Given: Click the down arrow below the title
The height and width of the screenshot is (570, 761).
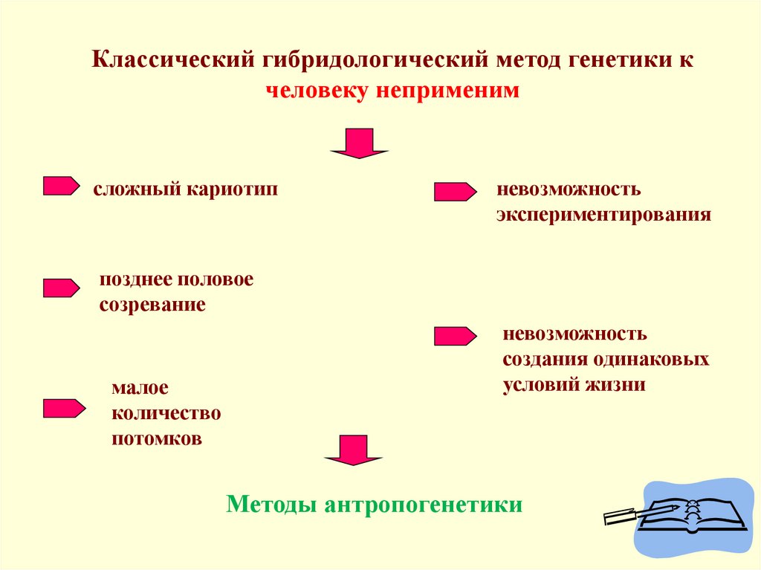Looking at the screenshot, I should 360,143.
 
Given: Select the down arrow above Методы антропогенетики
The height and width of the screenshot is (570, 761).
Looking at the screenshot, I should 354,450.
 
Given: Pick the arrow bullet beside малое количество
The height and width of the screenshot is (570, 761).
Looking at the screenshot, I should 64,408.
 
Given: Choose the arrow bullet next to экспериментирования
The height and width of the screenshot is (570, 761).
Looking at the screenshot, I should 455,192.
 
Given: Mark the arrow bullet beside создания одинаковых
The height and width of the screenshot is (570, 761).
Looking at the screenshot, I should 455,337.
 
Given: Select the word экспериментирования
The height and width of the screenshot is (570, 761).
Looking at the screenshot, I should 604,216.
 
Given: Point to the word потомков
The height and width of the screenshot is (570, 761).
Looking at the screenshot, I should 157,438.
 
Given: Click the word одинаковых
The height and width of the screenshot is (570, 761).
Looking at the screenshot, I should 650,360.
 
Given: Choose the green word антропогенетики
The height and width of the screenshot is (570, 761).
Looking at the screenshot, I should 424,505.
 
